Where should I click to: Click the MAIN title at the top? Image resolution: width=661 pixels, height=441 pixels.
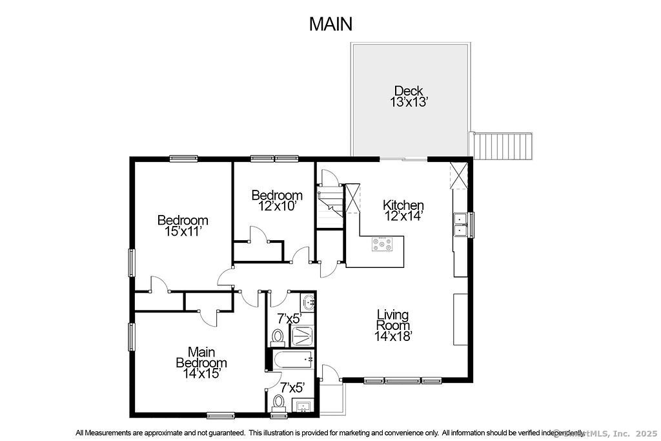(330, 24)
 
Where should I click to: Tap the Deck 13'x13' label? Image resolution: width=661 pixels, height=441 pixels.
(409, 97)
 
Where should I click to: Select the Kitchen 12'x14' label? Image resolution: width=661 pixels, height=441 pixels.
(403, 210)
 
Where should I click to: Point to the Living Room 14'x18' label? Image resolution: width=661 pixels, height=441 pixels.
(393, 325)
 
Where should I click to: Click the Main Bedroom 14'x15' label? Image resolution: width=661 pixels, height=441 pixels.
(201, 363)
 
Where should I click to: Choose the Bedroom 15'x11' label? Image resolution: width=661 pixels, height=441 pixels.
(183, 225)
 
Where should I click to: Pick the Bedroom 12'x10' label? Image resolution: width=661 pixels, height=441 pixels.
(277, 201)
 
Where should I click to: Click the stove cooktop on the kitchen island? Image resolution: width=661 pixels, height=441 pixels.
(382, 244)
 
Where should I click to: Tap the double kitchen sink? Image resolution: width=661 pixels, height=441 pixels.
(460, 225)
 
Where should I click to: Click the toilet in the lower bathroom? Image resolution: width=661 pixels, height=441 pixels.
(279, 402)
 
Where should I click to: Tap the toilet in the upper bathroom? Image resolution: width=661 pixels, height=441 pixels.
(278, 337)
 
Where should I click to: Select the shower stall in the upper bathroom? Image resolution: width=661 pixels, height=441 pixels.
(302, 336)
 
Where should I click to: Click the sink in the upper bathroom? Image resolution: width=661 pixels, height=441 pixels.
(308, 302)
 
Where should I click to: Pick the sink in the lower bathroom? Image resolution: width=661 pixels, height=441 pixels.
(303, 406)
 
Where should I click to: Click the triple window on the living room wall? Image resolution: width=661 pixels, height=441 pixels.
(403, 381)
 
